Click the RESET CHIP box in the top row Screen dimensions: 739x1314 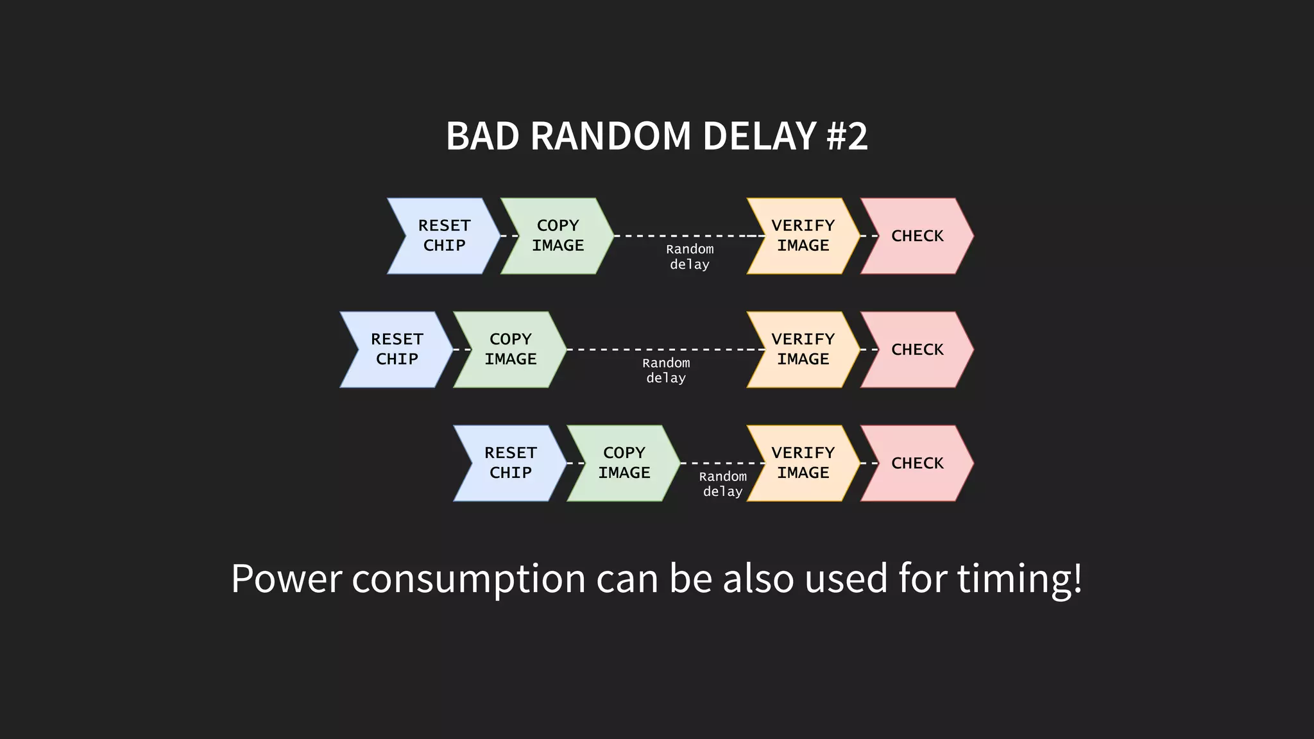(x=444, y=236)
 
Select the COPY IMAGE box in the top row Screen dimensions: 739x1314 (x=558, y=236)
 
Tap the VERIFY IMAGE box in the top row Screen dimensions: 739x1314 (x=803, y=236)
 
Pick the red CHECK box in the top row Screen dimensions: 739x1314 (x=917, y=236)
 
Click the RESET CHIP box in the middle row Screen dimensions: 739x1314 (x=397, y=350)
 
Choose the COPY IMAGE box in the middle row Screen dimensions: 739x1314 (x=510, y=350)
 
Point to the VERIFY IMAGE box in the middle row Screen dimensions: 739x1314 (x=803, y=350)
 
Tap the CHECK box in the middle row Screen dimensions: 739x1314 (x=917, y=350)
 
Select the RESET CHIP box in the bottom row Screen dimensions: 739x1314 (x=510, y=463)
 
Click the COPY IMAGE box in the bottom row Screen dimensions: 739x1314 (x=624, y=463)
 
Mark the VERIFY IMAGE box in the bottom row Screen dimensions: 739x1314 (x=803, y=463)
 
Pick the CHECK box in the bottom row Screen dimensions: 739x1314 (x=917, y=463)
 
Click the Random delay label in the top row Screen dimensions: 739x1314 (x=690, y=257)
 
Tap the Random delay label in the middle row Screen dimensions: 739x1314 (x=666, y=370)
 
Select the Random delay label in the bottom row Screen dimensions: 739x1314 (x=722, y=484)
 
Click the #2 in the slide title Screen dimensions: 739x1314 (x=847, y=136)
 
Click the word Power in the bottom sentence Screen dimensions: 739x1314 (x=286, y=578)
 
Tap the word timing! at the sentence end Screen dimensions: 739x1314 (x=1020, y=578)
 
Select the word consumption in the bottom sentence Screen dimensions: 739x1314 (x=468, y=578)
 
